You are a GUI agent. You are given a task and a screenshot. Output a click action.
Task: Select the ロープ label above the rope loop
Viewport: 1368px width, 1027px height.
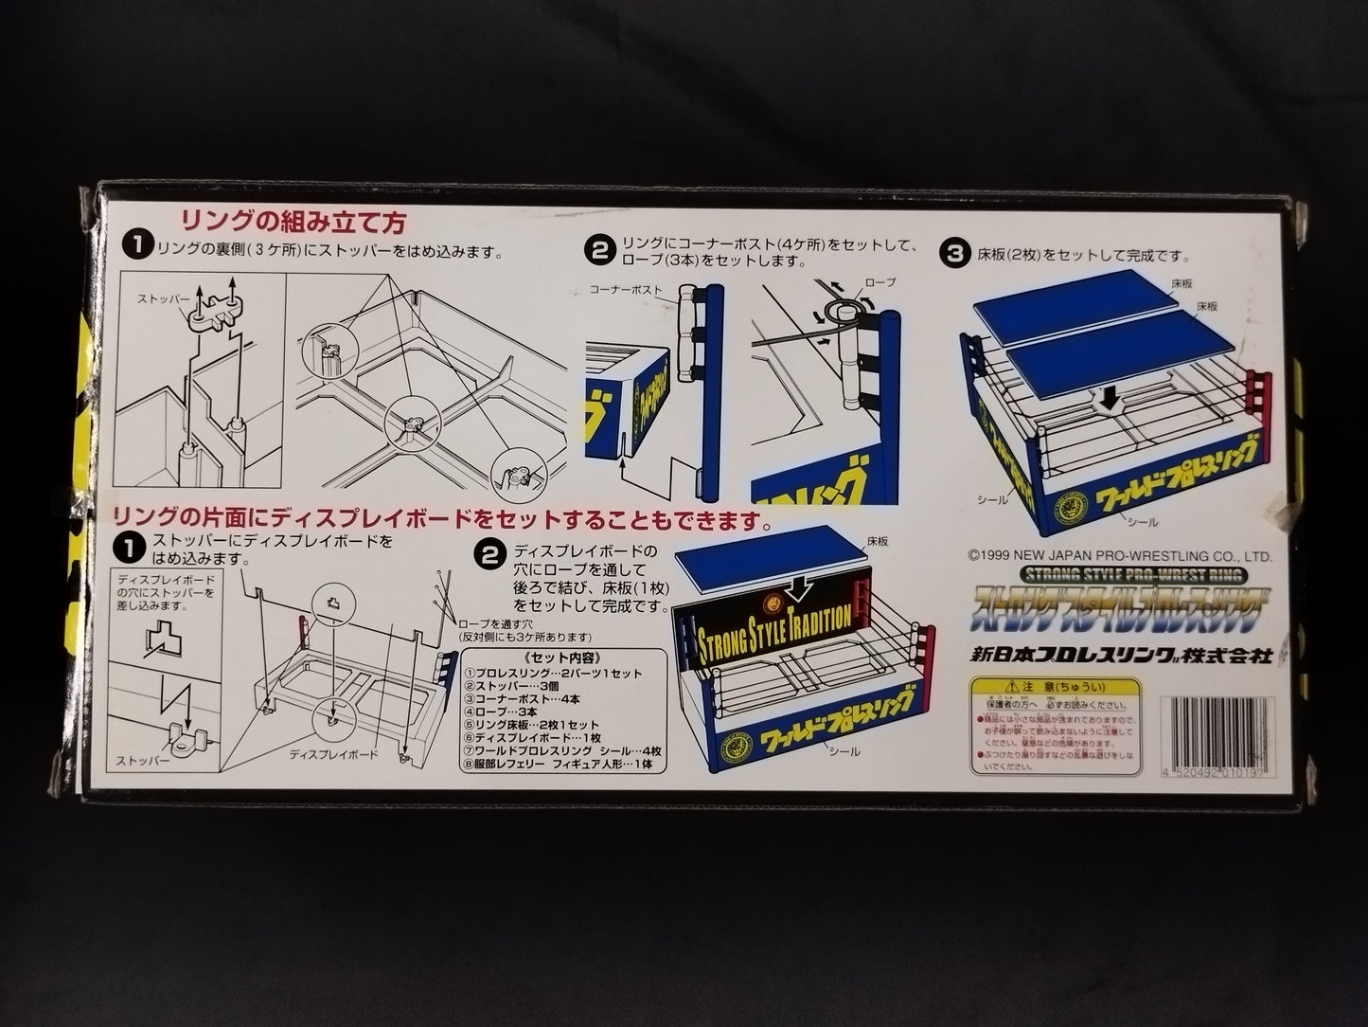tap(880, 282)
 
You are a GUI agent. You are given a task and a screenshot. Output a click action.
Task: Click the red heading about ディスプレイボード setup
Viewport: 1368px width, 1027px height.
tap(441, 520)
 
